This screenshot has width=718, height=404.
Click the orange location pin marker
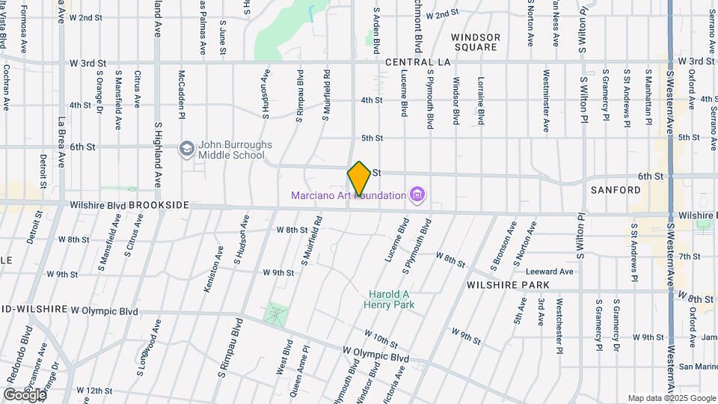tap(359, 179)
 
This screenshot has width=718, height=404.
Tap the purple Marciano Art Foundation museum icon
tap(418, 196)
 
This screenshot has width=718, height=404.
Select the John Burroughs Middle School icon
tap(185, 150)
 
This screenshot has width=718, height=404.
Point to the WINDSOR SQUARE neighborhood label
tap(476, 42)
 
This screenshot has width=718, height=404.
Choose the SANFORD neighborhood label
tap(616, 190)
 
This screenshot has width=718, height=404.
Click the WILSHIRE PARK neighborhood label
tap(508, 285)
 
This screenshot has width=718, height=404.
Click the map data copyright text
tap(671, 398)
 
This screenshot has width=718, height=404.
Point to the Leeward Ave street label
tap(549, 271)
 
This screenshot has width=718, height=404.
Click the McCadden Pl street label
tap(181, 94)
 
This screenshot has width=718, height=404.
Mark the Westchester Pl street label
tap(559, 326)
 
